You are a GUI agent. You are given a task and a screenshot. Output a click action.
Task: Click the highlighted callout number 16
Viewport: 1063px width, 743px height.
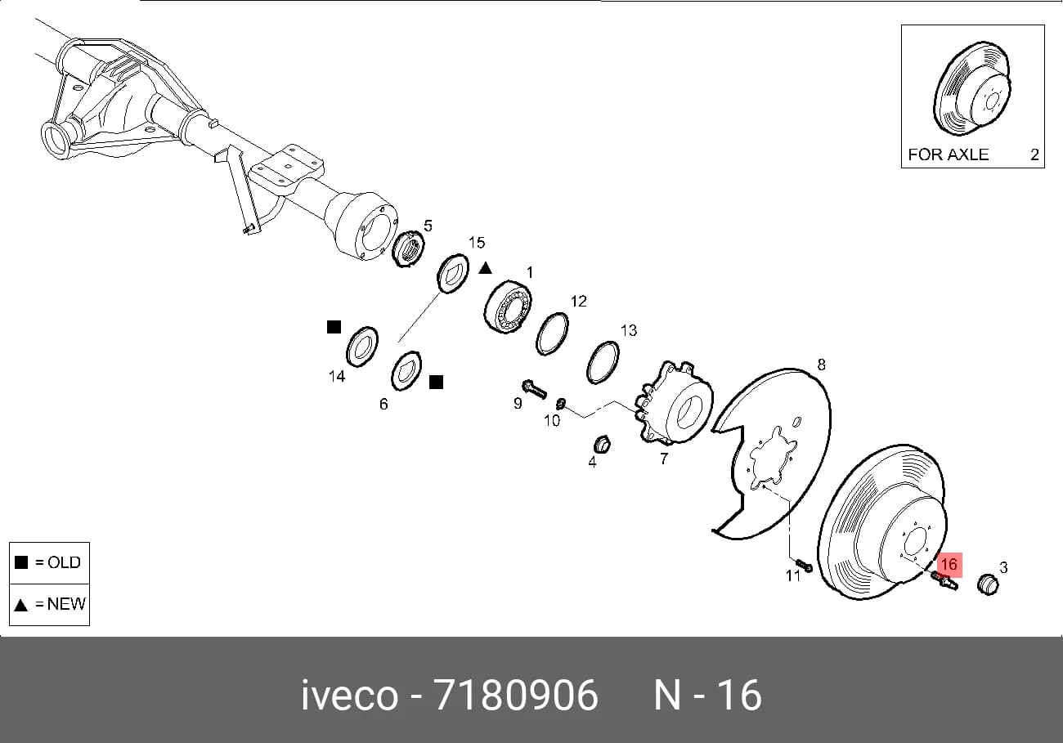coord(949,565)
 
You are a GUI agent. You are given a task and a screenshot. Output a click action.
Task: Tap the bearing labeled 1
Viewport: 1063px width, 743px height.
coord(508,307)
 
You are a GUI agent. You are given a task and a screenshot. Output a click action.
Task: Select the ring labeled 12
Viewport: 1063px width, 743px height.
coord(553,333)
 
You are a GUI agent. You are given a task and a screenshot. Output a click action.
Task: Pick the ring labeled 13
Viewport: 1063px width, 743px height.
coord(603,362)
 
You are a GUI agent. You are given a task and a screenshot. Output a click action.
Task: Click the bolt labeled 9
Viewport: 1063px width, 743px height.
coord(534,389)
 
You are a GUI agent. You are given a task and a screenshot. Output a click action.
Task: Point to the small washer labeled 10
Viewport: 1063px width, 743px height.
coord(560,404)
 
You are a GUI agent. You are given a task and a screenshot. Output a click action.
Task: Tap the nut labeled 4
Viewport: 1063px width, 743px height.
coord(602,445)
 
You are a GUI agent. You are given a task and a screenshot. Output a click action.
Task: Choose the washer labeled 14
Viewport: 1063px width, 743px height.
coord(362,347)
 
